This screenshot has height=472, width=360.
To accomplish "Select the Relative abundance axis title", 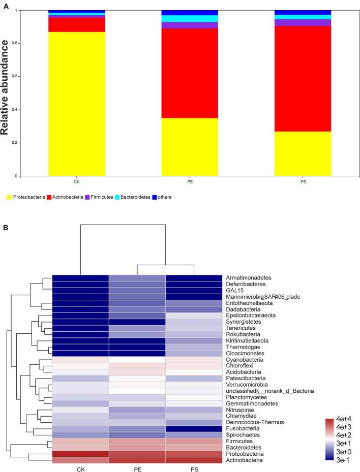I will [6, 93].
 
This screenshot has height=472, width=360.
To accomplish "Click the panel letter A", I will [5, 5].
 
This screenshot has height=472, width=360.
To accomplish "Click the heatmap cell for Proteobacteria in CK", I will [81, 454].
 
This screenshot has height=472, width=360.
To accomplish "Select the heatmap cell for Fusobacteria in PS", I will [194, 428].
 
